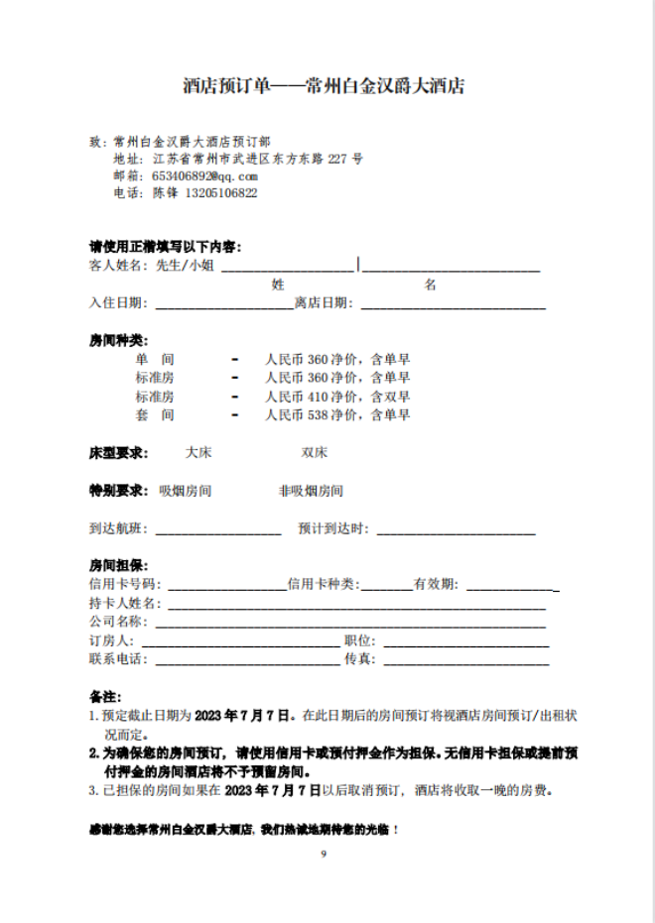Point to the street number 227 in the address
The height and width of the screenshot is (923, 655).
point(337,158)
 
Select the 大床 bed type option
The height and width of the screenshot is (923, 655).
point(198,452)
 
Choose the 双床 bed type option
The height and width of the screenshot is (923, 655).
point(315,452)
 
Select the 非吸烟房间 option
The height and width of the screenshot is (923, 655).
point(311,490)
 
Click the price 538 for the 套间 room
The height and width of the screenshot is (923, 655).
point(319,414)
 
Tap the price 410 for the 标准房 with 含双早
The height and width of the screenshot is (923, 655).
point(319,396)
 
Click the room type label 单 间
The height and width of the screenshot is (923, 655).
point(155,359)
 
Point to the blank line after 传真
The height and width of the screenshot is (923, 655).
point(466,660)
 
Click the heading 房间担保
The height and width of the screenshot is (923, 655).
point(118,565)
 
